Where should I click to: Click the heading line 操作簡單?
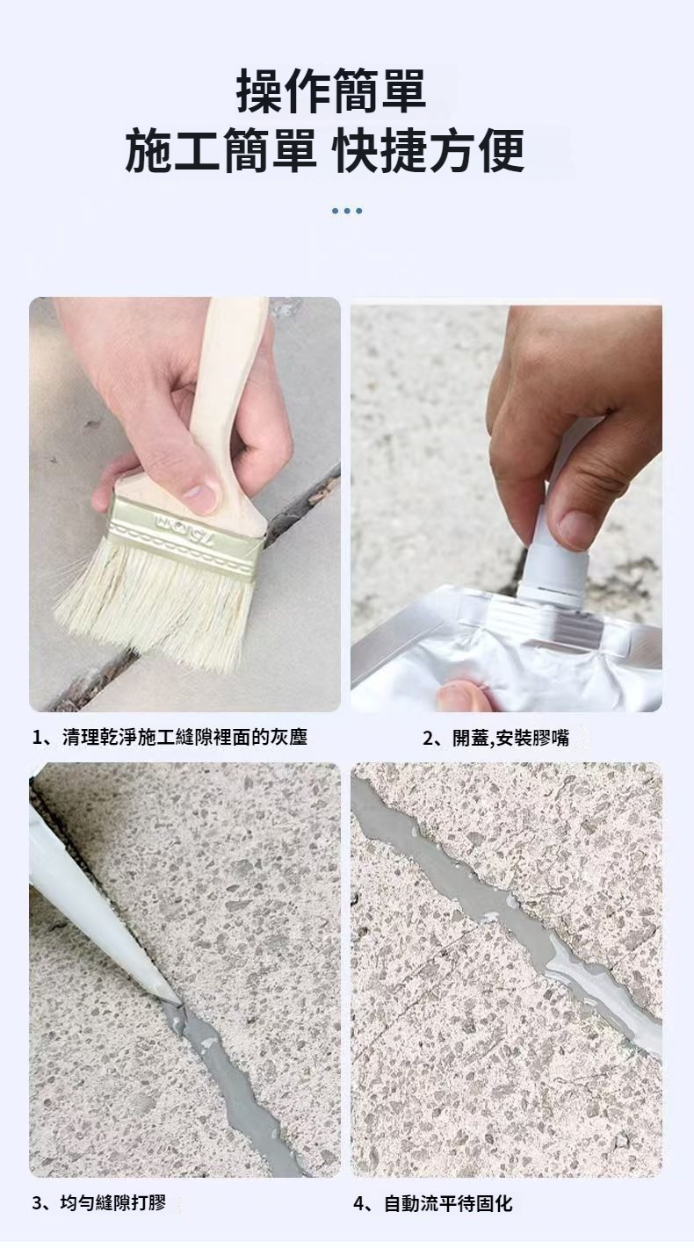click(x=331, y=90)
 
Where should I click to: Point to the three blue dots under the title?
click(x=347, y=211)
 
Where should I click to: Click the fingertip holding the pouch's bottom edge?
click(x=459, y=696)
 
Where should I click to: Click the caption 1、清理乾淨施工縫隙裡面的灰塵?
click(x=170, y=738)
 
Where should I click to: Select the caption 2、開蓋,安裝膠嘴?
click(x=495, y=739)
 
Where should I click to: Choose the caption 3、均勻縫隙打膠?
click(x=98, y=1202)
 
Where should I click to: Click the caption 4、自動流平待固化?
click(x=432, y=1203)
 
